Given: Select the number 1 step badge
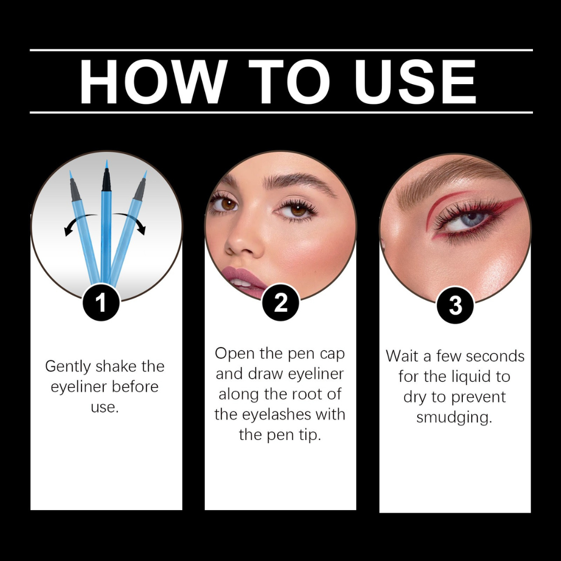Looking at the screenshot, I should click(101, 303).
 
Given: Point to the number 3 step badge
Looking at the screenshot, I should click(455, 305).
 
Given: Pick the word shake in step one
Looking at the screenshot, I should click(117, 366).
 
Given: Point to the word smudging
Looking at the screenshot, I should click(454, 418).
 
